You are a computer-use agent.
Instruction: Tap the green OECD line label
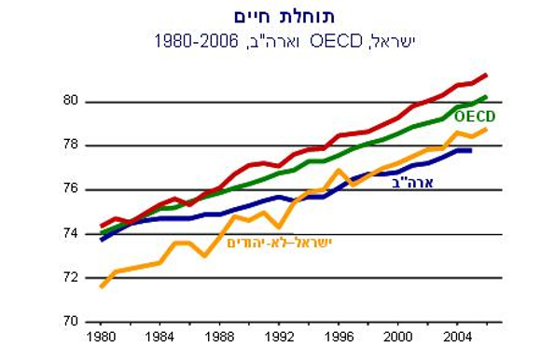click(x=474, y=117)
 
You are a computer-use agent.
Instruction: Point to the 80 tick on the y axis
click(x=69, y=102)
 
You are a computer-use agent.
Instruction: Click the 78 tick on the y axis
click(x=69, y=145)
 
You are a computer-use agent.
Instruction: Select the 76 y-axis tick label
click(x=69, y=189)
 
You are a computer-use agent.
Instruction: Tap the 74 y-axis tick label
click(x=69, y=233)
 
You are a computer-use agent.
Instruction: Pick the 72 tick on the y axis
click(x=69, y=277)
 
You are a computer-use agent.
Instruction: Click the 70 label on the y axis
click(x=69, y=321)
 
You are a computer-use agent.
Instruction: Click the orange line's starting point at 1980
click(x=101, y=285)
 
